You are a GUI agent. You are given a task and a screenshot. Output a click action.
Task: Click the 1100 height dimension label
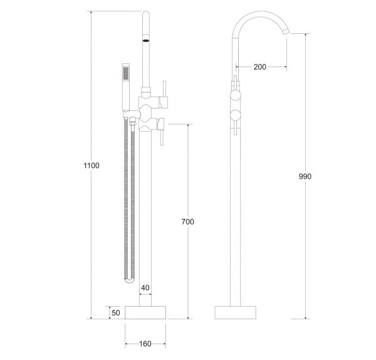91,166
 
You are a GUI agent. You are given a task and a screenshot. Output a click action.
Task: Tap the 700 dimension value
187,221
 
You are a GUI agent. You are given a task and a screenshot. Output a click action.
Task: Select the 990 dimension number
305,176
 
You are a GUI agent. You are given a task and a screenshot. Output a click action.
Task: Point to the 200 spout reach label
260,67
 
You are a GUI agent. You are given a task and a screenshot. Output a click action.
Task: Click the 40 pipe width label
145,287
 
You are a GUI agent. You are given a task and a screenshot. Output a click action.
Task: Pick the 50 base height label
116,313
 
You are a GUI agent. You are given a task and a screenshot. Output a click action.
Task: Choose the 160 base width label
145,344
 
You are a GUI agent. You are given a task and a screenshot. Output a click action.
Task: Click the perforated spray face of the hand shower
126,73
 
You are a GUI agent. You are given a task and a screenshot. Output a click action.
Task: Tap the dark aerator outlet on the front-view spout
146,40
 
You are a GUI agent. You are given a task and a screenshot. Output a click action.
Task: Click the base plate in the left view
145,312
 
